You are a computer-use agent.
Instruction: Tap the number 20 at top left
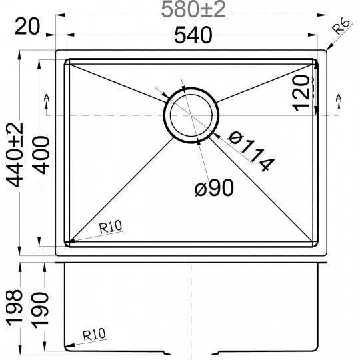(25, 27)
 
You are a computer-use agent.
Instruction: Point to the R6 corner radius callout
(342, 28)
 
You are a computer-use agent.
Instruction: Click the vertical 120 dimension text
(302, 91)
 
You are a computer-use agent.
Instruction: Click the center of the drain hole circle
(191, 114)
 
